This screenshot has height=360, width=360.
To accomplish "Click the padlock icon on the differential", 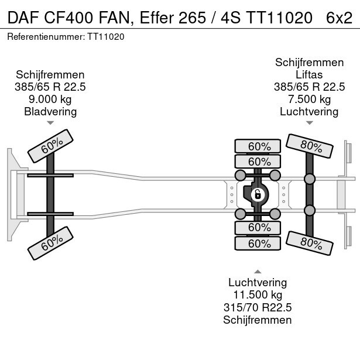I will pyautogui.click(x=257, y=194).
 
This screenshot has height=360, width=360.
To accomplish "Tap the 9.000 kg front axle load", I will pyautogui.click(x=50, y=100).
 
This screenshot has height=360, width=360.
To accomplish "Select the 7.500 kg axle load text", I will pyautogui.click(x=309, y=100).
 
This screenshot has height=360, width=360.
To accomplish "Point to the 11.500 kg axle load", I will pyautogui.click(x=257, y=295).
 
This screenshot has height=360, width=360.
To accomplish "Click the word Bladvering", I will pyautogui.click(x=50, y=112).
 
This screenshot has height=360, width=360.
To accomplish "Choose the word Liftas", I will pyautogui.click(x=309, y=75).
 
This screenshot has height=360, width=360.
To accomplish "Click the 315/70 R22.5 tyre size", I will pyautogui.click(x=257, y=307).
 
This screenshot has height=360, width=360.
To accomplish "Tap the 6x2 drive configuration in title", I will pyautogui.click(x=339, y=19).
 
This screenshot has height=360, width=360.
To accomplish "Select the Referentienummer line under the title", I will pyautogui.click(x=66, y=36).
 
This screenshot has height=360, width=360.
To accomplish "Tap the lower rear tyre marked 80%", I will pyautogui.click(x=310, y=241).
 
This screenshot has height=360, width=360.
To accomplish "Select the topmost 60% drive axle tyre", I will pyautogui.click(x=257, y=146).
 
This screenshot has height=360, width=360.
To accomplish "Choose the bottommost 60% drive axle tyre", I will pyautogui.click(x=257, y=242).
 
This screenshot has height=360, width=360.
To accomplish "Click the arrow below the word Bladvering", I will pyautogui.click(x=50, y=123).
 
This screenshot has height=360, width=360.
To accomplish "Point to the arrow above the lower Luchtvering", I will pyautogui.click(x=257, y=272).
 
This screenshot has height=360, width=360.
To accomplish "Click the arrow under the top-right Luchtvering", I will pyautogui.click(x=309, y=123).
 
